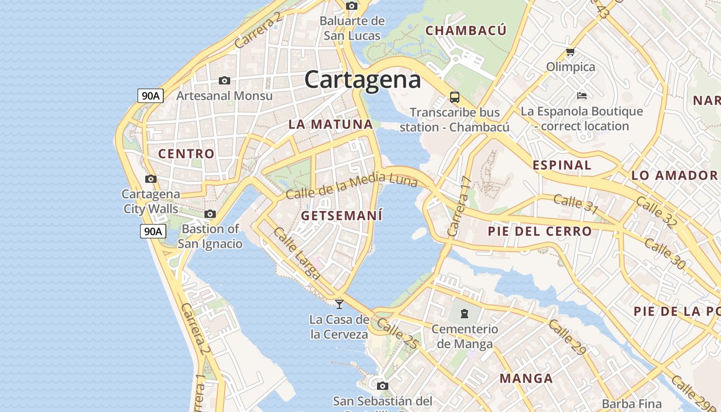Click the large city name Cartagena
pyautogui.click(x=363, y=80)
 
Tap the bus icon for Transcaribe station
pyautogui.click(x=454, y=97)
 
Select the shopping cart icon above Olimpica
pyautogui.click(x=570, y=51)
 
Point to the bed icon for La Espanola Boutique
pyautogui.click(x=582, y=96)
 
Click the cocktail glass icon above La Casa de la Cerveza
pyautogui.click(x=339, y=304)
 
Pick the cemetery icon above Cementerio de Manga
pyautogui.click(x=465, y=313)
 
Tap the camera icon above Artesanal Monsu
pyautogui.click(x=224, y=80)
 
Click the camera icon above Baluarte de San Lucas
pyautogui.click(x=352, y=6)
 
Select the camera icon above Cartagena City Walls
pyautogui.click(x=150, y=179)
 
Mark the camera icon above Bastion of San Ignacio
pyautogui.click(x=210, y=214)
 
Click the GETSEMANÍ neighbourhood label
pyautogui.click(x=341, y=216)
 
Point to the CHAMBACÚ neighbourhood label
pyautogui.click(x=466, y=30)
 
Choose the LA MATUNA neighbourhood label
pyautogui.click(x=331, y=124)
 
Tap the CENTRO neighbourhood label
pyautogui.click(x=186, y=153)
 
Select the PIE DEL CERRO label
pyautogui.click(x=540, y=231)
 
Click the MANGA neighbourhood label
pyautogui.click(x=526, y=379)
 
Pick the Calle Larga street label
pyautogui.click(x=297, y=253)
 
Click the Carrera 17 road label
pyautogui.click(x=460, y=206)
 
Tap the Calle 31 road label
pyautogui.click(x=576, y=203)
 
